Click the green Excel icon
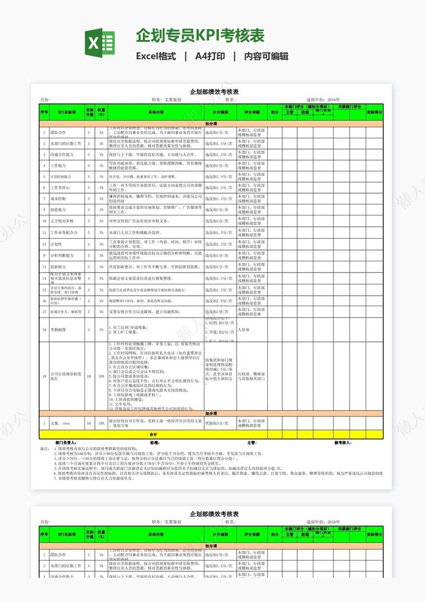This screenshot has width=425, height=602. [99, 43]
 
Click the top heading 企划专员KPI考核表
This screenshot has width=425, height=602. [200, 36]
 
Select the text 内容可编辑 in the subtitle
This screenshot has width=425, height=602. [266, 56]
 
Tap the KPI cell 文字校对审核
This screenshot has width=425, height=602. [62, 221]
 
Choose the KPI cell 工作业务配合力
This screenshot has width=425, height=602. [64, 232]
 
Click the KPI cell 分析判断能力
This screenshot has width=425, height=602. [62, 255]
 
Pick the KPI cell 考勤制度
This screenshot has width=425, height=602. [58, 329]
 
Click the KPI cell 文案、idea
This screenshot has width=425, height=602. [60, 423]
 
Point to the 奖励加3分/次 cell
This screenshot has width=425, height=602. [217, 423]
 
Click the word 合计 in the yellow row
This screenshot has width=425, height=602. [153, 434]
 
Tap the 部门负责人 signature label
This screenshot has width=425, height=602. [66, 442]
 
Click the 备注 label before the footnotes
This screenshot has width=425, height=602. [44, 448]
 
